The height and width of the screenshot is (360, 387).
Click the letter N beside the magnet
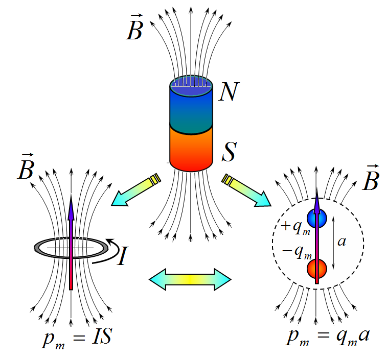[229, 91]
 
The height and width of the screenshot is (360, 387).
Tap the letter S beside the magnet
[230, 151]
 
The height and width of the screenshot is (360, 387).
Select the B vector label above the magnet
[135, 28]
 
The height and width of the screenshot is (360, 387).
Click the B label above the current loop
[26, 166]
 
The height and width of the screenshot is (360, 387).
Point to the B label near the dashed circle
[371, 177]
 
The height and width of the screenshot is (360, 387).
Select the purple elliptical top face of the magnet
[191, 86]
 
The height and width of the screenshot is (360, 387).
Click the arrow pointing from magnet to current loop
[136, 190]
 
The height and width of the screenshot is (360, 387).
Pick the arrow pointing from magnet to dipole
[246, 190]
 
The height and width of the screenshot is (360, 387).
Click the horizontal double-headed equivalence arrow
[190, 279]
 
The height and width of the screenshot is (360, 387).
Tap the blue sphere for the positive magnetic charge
[317, 218]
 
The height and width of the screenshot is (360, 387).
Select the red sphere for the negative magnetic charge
[317, 269]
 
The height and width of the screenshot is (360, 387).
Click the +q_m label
[295, 227]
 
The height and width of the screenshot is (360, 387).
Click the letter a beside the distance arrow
[342, 242]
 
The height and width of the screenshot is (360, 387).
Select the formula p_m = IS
[77, 338]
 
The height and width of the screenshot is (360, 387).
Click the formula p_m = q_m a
[328, 337]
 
